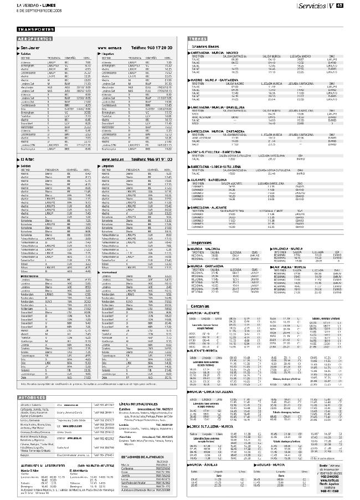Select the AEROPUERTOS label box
(35, 40)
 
